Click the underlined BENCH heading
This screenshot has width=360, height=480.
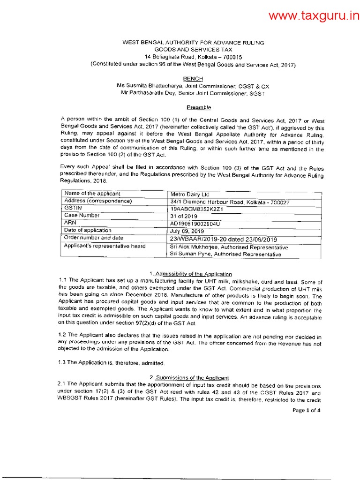(193, 78)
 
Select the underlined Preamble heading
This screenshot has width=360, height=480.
(193, 107)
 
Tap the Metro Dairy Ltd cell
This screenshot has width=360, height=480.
(190, 194)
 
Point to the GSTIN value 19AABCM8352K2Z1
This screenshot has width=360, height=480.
(197, 209)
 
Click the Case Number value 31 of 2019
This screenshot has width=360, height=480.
(184, 217)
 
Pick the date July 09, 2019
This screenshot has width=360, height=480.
(187, 231)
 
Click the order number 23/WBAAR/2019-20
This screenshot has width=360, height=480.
(200, 239)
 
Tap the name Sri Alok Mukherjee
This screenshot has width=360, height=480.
(192, 247)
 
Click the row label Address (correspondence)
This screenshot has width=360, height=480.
(97, 201)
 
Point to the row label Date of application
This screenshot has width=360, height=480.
(88, 230)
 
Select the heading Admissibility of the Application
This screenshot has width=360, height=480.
(194, 274)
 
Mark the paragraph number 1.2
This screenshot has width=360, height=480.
(62, 336)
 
